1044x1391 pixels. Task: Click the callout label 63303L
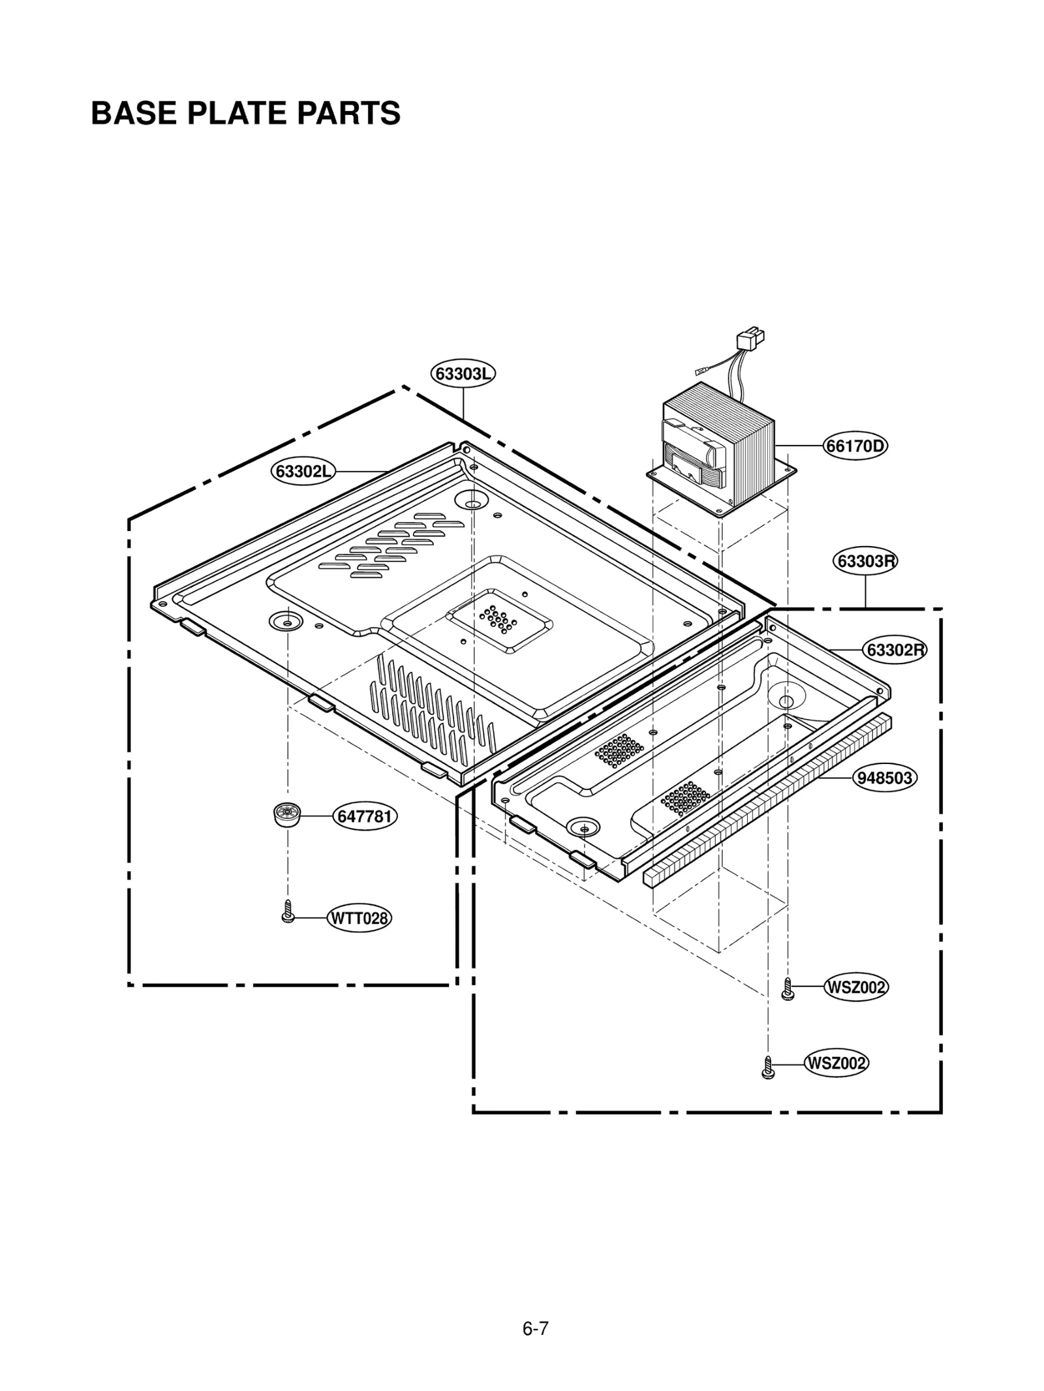(x=463, y=374)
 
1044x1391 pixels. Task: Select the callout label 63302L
(x=303, y=471)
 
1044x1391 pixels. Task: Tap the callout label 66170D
(x=855, y=446)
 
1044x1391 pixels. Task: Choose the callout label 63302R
(x=895, y=650)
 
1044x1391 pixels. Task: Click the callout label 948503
(x=885, y=778)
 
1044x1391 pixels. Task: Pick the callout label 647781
(x=365, y=816)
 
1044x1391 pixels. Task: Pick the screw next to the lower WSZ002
(x=768, y=1067)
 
